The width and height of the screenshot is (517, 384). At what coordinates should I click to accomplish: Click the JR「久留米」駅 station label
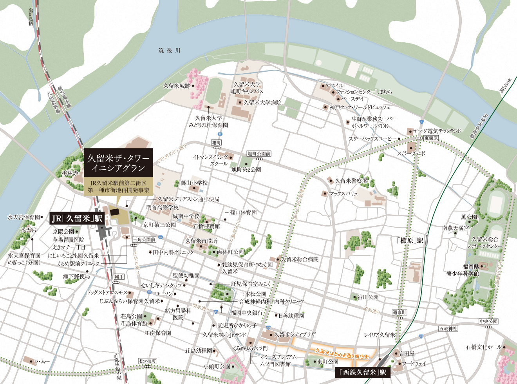pos(77,218)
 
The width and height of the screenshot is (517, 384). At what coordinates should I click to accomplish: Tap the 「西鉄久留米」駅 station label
pos(363,372)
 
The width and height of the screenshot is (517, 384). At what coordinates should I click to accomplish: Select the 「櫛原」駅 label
pos(410,241)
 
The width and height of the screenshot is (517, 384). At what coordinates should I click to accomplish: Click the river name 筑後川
pos(169,51)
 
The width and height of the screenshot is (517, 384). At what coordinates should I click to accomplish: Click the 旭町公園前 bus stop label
pos(259,154)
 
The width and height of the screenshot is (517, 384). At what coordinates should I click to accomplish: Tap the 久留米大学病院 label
pos(262,103)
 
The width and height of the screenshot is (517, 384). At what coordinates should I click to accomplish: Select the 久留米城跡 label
pos(177,86)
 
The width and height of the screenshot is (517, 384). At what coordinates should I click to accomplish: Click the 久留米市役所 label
pos(201,241)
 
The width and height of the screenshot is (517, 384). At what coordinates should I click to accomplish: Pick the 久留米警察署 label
pos(351,181)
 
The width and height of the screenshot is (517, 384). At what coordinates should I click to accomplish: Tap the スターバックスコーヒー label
pos(372,139)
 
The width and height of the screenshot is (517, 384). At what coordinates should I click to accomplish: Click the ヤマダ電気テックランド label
pos(437,131)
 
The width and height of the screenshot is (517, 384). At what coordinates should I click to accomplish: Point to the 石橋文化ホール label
pos(483,347)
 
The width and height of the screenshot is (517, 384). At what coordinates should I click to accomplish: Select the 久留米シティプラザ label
pos(295,335)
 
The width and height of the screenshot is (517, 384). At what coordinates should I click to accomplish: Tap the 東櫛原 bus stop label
pos(431,139)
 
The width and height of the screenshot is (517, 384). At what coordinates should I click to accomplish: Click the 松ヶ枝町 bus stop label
pos(148,361)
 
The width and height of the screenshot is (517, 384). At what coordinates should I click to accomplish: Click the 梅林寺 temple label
pos(70,173)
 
